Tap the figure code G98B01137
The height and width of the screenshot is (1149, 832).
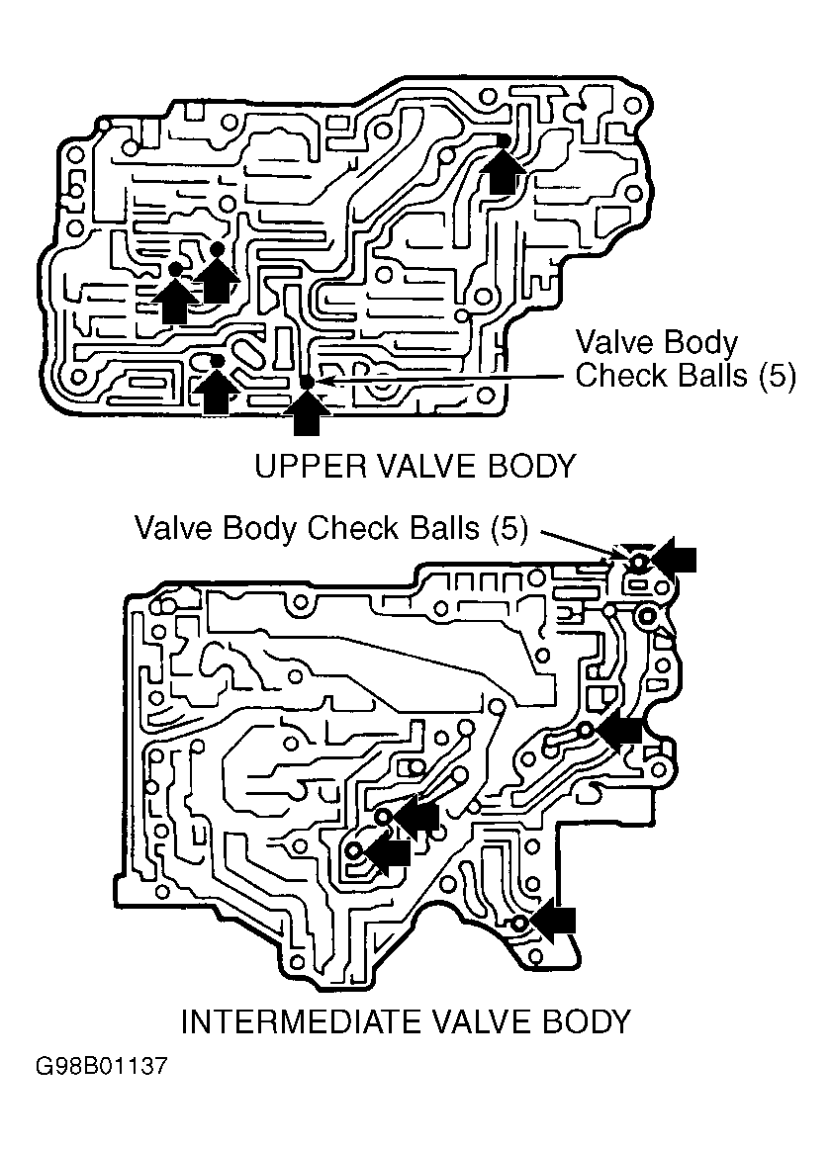coord(102,1065)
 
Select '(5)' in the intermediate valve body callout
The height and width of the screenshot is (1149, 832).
coord(508,528)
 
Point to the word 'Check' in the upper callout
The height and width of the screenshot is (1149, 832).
coord(622,375)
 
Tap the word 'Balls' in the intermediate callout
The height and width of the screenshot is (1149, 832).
coord(442,528)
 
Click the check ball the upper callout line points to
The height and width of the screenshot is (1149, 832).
coord(307,382)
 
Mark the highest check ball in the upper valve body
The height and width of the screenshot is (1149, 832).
coord(504,140)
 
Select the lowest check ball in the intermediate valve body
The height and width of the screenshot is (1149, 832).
coord(519,924)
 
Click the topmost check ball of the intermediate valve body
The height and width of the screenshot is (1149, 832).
coord(638,563)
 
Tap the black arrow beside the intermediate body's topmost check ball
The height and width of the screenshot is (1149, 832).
coord(673,559)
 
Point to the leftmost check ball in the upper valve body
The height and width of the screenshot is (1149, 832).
coord(175,270)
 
